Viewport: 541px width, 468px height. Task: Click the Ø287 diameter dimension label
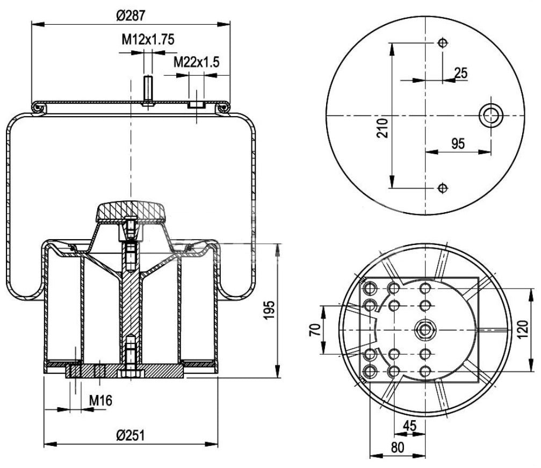(x=131, y=16)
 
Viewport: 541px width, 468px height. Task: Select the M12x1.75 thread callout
(x=148, y=39)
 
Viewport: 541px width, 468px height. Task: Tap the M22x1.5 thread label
(x=196, y=62)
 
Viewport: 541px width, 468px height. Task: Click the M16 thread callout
(x=100, y=400)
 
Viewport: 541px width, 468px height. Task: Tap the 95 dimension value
(x=458, y=143)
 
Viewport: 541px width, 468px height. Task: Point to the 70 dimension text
(x=315, y=329)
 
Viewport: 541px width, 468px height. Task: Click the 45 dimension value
(x=409, y=426)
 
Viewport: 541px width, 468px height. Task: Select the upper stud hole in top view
(x=442, y=43)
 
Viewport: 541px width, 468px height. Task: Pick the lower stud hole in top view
(x=442, y=188)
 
